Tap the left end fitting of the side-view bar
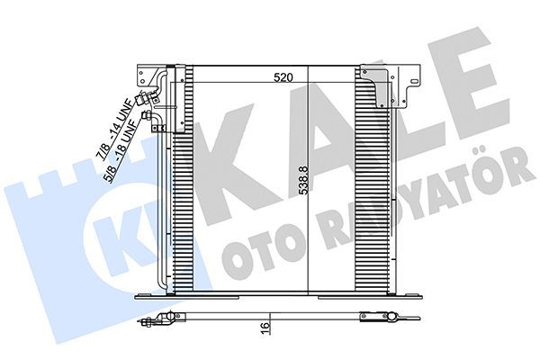[160, 316]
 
